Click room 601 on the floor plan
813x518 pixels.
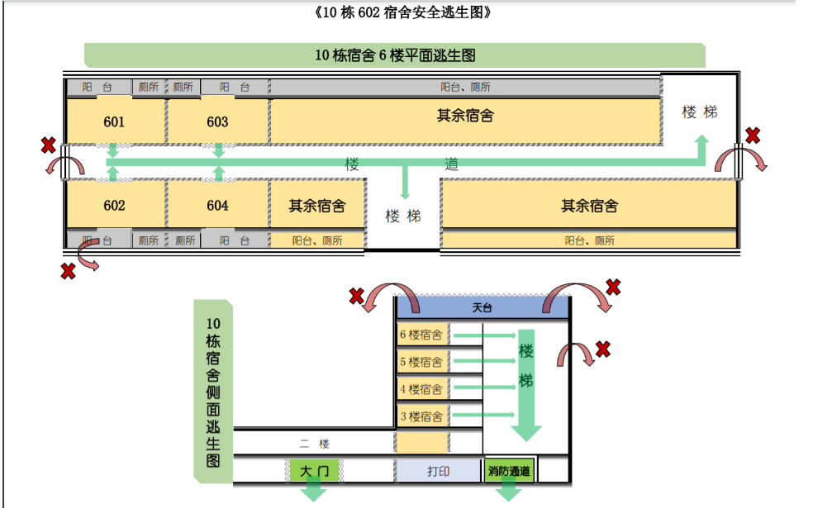(x=115, y=121)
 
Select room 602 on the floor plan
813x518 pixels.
(x=115, y=206)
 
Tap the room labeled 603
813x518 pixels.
(x=217, y=121)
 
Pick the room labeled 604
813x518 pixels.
(x=217, y=206)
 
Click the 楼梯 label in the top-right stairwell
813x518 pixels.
(x=699, y=112)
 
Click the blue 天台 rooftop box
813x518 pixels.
(x=483, y=307)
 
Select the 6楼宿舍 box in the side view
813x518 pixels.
(x=423, y=335)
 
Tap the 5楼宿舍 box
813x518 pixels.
(x=423, y=362)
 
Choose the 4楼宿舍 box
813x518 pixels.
(x=423, y=389)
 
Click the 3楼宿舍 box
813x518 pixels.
(x=423, y=416)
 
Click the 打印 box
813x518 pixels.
(x=438, y=471)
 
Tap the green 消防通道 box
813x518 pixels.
(x=509, y=471)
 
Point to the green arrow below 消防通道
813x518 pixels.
(x=509, y=492)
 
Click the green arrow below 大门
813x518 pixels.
(x=314, y=492)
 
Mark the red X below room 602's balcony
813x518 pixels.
(x=69, y=271)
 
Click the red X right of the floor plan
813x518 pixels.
(x=753, y=135)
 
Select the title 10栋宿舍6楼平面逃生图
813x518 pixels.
(x=395, y=55)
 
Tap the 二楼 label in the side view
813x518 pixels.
(x=314, y=444)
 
